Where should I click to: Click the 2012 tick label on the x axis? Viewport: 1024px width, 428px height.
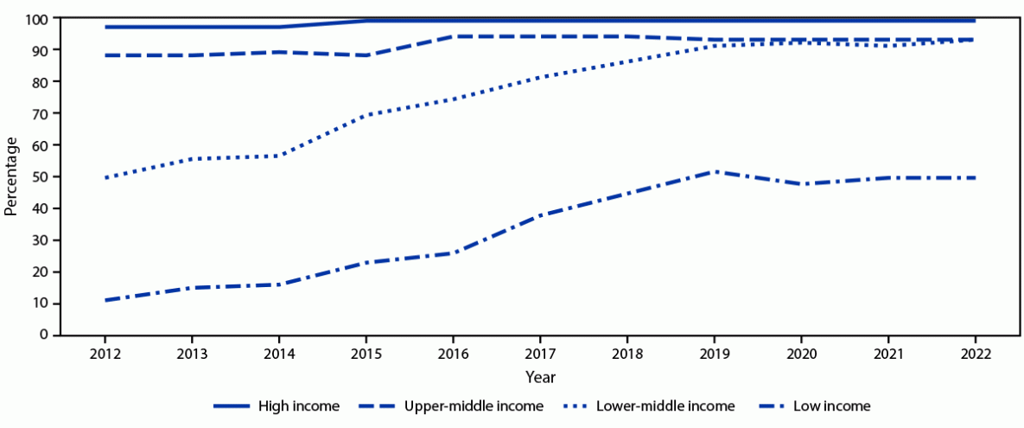(x=105, y=354)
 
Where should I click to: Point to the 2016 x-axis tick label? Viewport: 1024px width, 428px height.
(x=453, y=354)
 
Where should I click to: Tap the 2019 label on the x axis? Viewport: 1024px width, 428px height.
(x=714, y=354)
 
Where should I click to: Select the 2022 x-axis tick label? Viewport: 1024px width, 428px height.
(x=975, y=354)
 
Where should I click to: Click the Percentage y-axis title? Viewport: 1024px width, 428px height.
(x=11, y=176)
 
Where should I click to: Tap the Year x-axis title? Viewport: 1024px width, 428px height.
(x=539, y=377)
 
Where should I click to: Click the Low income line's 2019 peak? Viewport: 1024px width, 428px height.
(x=714, y=172)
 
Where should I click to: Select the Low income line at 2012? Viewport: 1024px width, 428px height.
(x=105, y=300)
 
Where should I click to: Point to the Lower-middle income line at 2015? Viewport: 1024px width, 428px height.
(x=366, y=114)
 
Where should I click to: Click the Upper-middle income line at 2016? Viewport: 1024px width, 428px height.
(x=453, y=36)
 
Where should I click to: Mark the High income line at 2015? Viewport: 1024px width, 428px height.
(x=366, y=20)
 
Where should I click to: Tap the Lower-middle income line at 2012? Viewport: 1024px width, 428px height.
(x=105, y=177)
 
